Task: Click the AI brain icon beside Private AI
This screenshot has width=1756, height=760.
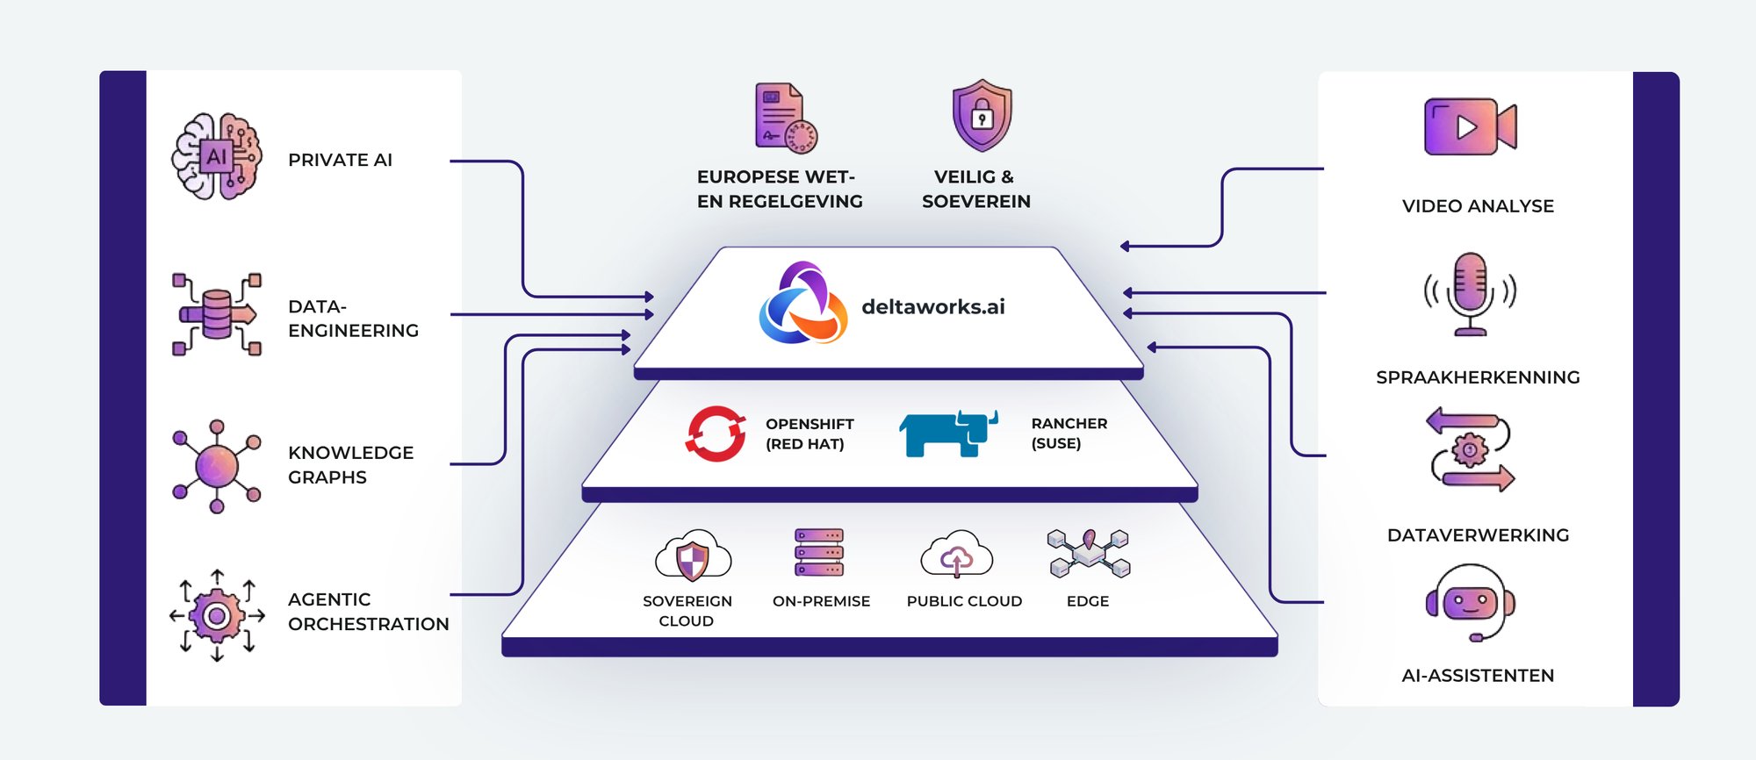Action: click(x=217, y=156)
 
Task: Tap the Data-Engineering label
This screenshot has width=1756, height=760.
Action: click(x=353, y=319)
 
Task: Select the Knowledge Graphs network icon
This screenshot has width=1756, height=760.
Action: click(x=217, y=466)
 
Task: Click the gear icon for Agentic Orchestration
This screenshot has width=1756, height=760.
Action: click(x=217, y=615)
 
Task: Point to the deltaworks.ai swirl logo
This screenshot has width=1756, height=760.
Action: click(x=802, y=304)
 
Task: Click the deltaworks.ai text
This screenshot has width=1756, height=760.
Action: click(x=933, y=307)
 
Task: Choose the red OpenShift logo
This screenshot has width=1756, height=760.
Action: click(x=716, y=433)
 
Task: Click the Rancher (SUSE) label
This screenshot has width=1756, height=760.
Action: click(x=1069, y=434)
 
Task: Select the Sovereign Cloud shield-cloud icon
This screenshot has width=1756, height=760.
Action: click(x=693, y=556)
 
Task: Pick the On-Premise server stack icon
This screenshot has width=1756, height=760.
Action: click(x=819, y=552)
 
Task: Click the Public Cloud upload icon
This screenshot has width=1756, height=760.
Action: click(x=957, y=556)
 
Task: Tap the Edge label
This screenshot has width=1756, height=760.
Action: click(x=1088, y=601)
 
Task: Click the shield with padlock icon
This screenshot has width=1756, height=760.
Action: click(x=982, y=115)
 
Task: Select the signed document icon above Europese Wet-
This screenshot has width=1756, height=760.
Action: click(x=784, y=118)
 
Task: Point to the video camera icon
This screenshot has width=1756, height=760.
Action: click(x=1470, y=127)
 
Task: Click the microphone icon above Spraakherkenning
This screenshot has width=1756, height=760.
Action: click(x=1471, y=293)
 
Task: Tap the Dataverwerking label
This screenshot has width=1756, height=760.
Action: click(x=1478, y=535)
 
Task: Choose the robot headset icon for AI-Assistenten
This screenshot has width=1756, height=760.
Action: click(x=1471, y=603)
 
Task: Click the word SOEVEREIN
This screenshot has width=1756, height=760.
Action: click(x=976, y=202)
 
